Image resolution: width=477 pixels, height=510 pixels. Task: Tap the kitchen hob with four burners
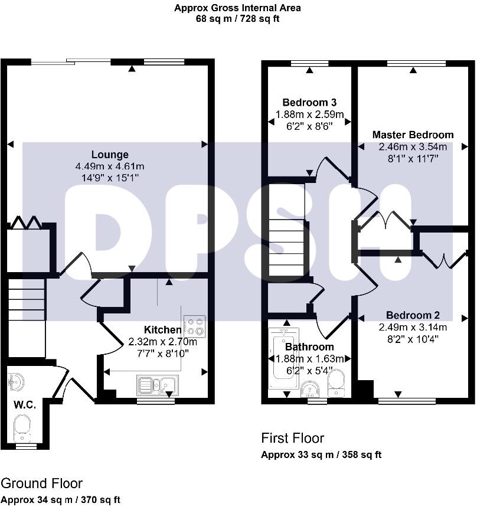point(195,326)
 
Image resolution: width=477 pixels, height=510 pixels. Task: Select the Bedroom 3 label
point(309,102)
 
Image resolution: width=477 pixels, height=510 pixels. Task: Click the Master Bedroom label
point(413,135)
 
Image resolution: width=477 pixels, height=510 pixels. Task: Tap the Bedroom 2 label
point(413,315)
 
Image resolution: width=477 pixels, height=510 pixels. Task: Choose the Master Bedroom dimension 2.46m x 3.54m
point(413,146)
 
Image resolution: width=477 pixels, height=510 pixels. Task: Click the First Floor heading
point(292,438)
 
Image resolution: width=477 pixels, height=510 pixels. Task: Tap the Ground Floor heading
point(41,484)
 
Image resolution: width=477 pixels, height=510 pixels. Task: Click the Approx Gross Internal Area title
point(237,8)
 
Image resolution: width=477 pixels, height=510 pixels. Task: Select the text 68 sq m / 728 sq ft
point(237,18)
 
